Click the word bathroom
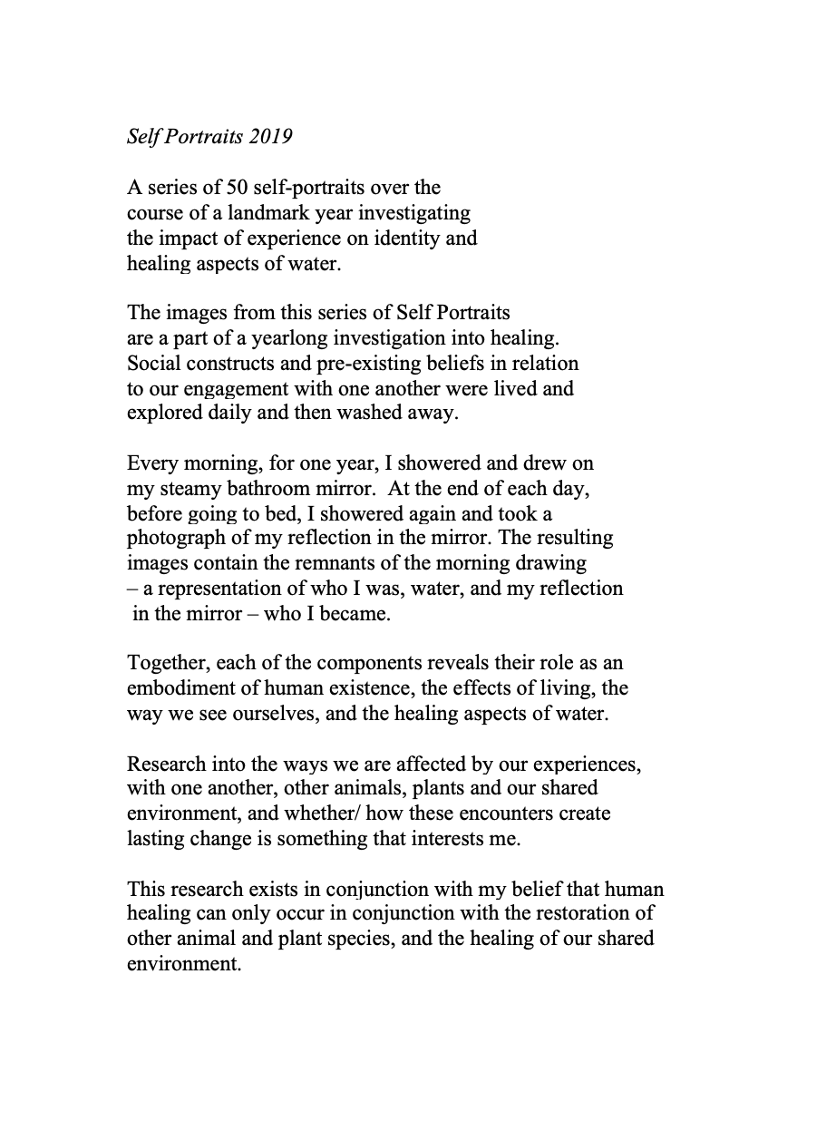tap(265, 489)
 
